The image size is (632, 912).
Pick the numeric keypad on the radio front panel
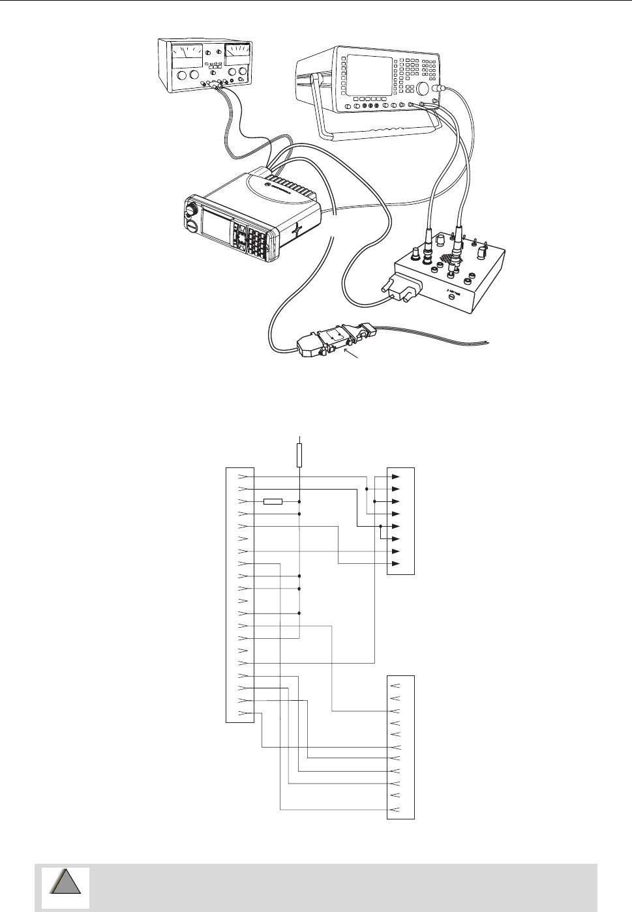click(x=255, y=242)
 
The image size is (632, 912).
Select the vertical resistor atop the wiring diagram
click(x=299, y=456)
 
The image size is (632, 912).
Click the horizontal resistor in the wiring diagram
click(x=273, y=501)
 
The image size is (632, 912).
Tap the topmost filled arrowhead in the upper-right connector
click(x=396, y=477)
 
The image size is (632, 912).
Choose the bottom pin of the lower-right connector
click(x=394, y=810)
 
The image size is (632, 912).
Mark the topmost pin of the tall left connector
click(x=243, y=477)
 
